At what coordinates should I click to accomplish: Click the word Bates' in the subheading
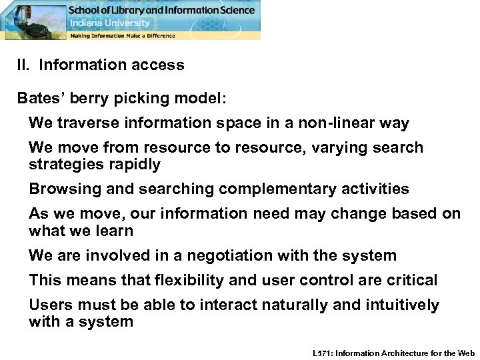39,99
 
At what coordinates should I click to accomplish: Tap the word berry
87,99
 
